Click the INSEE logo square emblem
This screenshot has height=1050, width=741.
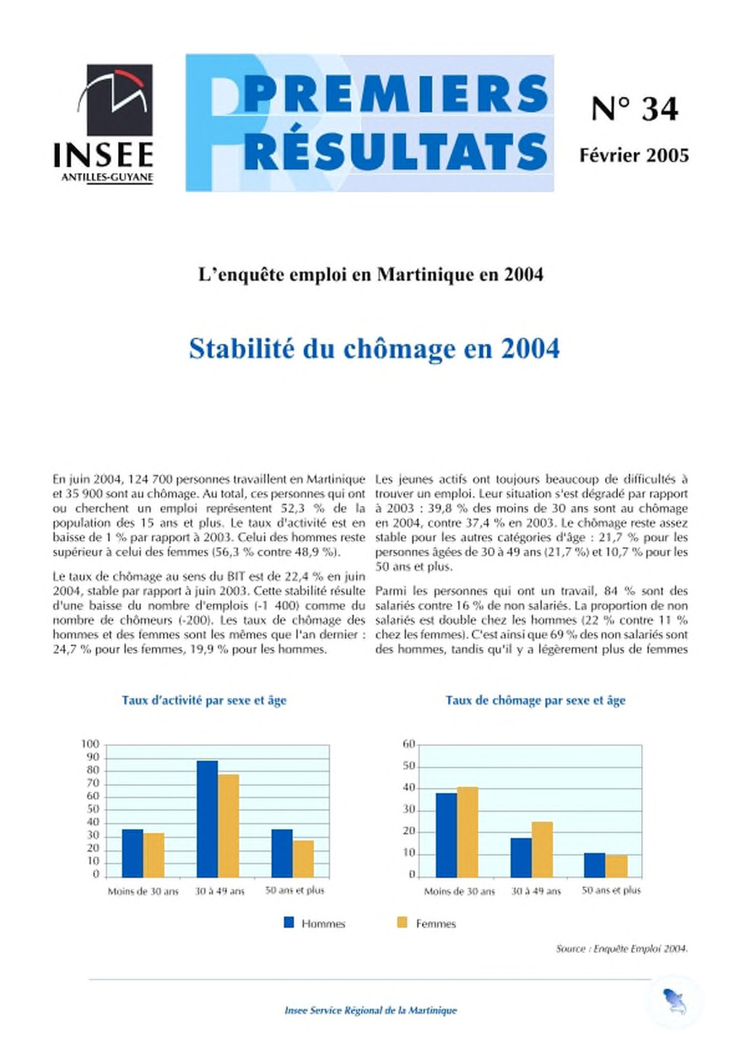click(119, 100)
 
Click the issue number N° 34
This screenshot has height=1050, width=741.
click(634, 109)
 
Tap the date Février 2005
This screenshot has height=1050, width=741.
click(634, 155)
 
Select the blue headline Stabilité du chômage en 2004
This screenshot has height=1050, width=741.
click(374, 349)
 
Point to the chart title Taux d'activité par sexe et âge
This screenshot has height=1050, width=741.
click(204, 700)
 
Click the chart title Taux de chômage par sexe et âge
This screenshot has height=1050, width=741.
click(535, 700)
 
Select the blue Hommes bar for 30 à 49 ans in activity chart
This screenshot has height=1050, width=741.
click(207, 819)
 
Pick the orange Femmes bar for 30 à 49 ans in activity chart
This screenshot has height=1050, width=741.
click(229, 826)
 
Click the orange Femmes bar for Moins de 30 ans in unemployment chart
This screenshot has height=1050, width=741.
click(467, 832)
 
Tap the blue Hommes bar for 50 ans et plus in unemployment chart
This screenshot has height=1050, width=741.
click(594, 865)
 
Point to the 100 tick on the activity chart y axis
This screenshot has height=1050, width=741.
click(90, 744)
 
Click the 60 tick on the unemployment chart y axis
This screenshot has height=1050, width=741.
click(409, 744)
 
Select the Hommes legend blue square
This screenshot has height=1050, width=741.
click(289, 923)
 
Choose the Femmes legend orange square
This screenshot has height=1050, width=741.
click(402, 923)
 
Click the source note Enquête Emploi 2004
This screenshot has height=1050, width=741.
click(622, 949)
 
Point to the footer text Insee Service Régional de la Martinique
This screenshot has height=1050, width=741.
click(370, 1010)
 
